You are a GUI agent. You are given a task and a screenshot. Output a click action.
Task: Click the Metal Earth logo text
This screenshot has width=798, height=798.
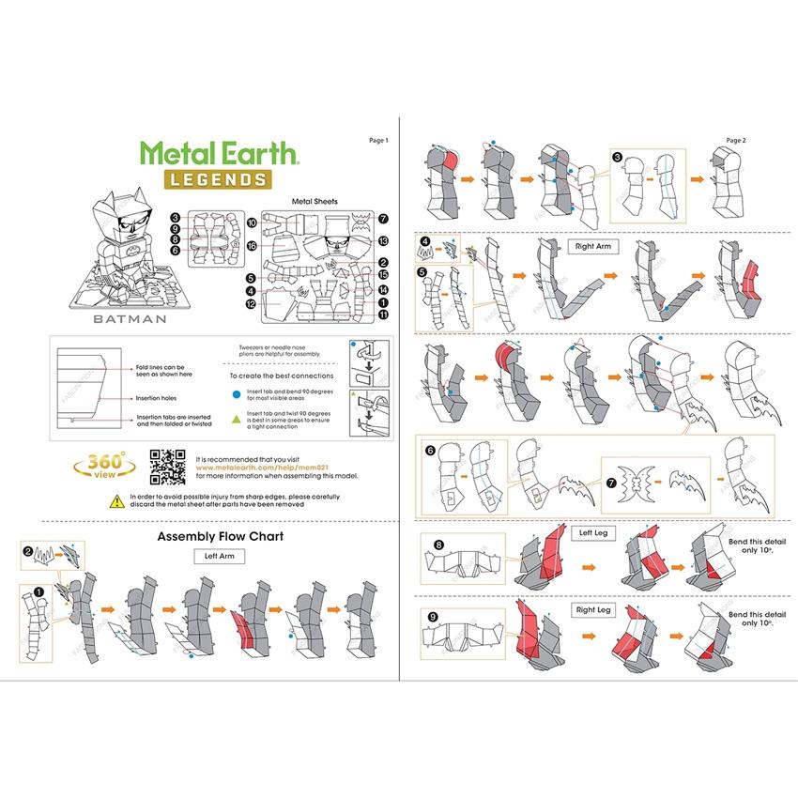click(220, 152)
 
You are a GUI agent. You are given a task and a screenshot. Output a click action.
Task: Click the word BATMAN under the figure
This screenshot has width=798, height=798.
click(130, 318)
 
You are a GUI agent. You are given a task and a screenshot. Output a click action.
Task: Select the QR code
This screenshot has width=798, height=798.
click(167, 467)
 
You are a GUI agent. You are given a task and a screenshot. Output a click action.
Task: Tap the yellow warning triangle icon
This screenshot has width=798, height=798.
click(115, 500)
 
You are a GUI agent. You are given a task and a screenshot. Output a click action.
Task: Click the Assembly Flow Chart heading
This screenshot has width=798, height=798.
click(220, 537)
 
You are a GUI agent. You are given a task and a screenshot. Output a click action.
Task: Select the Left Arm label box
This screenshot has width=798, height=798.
click(219, 556)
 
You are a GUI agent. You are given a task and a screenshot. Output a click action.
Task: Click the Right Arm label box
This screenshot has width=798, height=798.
click(594, 246)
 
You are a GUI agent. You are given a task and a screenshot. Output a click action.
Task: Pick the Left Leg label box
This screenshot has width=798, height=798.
click(593, 532)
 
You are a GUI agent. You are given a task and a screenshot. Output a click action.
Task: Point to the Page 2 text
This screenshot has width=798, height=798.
click(736, 140)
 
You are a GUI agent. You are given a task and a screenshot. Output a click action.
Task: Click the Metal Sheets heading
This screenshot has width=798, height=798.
click(315, 201)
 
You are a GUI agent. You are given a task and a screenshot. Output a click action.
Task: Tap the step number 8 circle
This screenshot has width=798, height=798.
click(438, 544)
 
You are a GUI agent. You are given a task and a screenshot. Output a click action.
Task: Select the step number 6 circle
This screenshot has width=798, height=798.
click(431, 450)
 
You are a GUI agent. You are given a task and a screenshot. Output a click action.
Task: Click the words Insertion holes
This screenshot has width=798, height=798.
click(157, 398)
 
